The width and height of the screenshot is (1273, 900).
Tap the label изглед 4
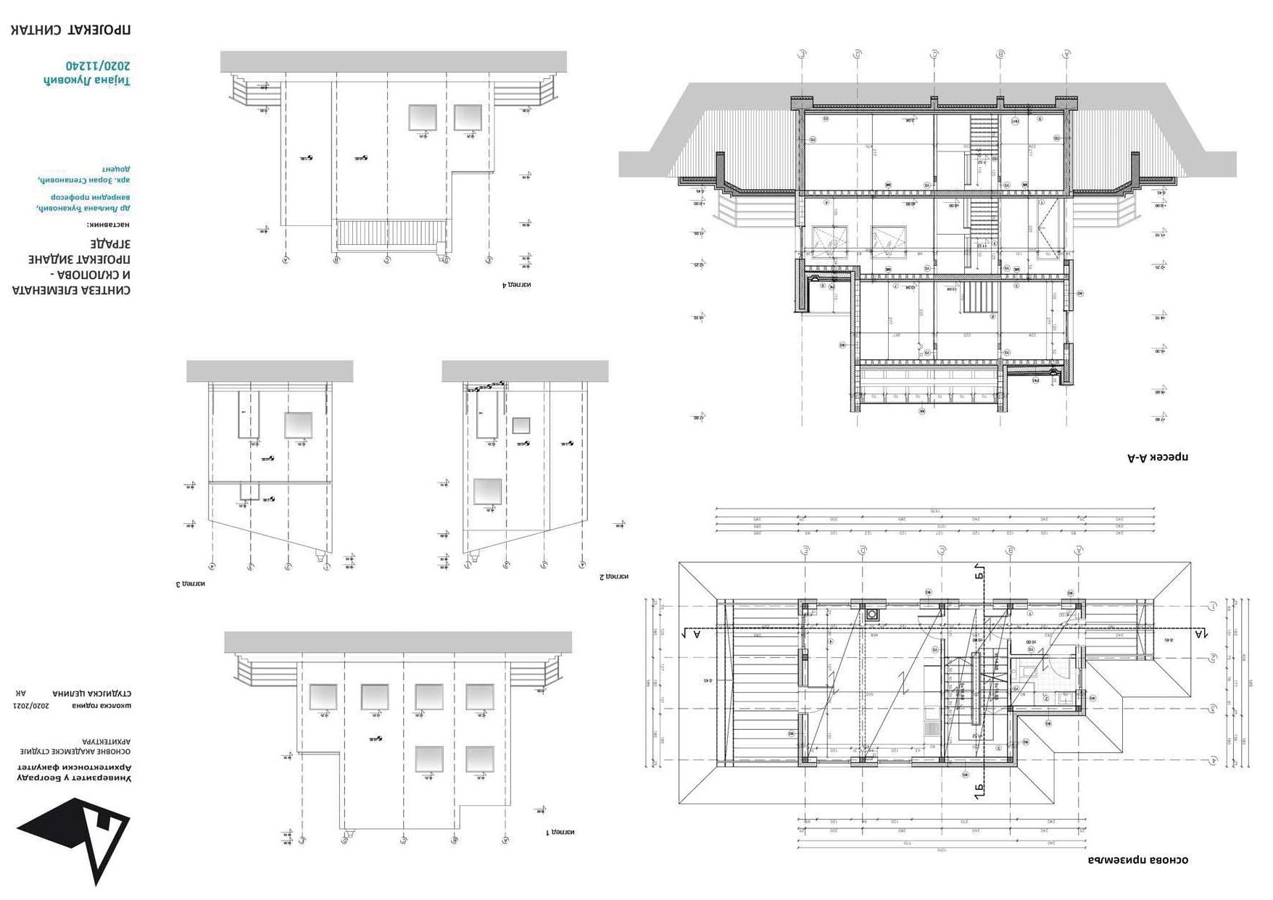point(517,285)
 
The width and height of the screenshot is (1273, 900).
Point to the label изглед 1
point(560,832)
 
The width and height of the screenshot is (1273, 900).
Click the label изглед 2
point(614,577)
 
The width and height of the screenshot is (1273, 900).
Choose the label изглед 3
point(191,583)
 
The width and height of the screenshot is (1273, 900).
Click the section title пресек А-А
point(1158,457)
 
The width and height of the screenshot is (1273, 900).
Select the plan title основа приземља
point(1137,860)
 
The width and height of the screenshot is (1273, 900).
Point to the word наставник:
point(109,225)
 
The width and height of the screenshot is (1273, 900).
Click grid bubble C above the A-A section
point(935,54)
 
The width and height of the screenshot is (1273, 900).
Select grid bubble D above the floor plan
point(863,551)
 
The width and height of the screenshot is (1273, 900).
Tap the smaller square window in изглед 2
point(521,425)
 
